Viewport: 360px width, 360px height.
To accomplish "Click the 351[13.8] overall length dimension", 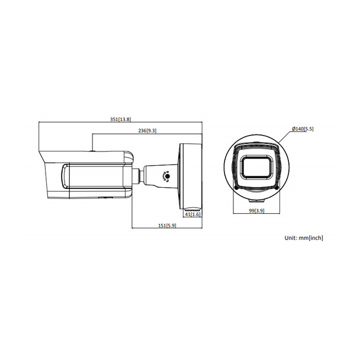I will pyautogui.click(x=120, y=119).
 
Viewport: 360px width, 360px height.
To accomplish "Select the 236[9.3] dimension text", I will pyautogui.click(x=147, y=130).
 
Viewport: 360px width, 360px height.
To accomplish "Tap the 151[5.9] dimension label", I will pyautogui.click(x=166, y=225).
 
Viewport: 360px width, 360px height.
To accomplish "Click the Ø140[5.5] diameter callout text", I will pyautogui.click(x=303, y=128).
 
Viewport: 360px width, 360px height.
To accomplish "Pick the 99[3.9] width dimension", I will pyautogui.click(x=257, y=211).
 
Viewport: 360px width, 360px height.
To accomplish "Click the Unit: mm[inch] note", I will pyautogui.click(x=303, y=237).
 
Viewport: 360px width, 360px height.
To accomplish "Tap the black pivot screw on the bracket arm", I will pyautogui.click(x=167, y=176).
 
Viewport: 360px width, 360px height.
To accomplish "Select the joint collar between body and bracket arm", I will pyautogui.click(x=137, y=175).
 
